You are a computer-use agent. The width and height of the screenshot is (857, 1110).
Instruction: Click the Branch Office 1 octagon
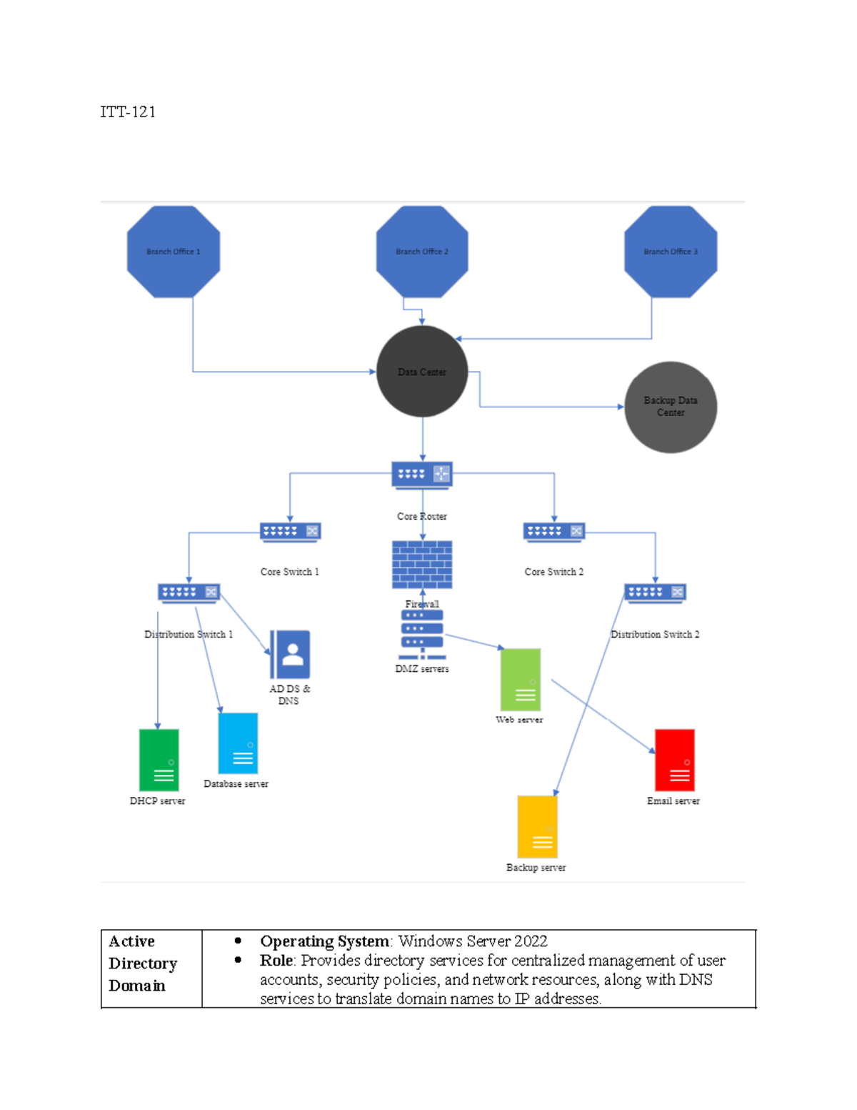pyautogui.click(x=174, y=252)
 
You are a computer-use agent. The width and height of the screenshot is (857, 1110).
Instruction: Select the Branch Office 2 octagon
pyautogui.click(x=422, y=252)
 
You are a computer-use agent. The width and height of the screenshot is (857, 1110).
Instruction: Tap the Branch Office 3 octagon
pyautogui.click(x=671, y=252)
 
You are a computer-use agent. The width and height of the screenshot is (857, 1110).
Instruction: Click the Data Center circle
pyautogui.click(x=422, y=372)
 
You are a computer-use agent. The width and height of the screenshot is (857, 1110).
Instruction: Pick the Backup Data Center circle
pyautogui.click(x=671, y=407)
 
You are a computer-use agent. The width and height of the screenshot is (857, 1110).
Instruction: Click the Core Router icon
pyautogui.click(x=422, y=474)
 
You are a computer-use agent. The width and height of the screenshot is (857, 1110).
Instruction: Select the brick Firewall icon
pyautogui.click(x=422, y=565)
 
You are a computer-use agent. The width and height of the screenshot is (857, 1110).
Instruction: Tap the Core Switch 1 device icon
pyautogui.click(x=290, y=531)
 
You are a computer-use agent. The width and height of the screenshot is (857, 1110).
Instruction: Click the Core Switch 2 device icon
pyautogui.click(x=554, y=531)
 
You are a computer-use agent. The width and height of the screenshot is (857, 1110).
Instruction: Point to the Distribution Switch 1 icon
pyautogui.click(x=189, y=593)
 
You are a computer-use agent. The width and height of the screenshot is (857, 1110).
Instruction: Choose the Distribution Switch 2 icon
pyautogui.click(x=655, y=593)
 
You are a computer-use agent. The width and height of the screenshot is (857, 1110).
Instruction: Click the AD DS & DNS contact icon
pyautogui.click(x=290, y=654)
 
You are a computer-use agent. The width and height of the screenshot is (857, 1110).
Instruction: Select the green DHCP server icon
pyautogui.click(x=159, y=760)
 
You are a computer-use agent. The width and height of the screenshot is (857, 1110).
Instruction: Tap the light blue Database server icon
pyautogui.click(x=238, y=743)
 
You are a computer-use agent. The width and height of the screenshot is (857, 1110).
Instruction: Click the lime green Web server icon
pyautogui.click(x=521, y=679)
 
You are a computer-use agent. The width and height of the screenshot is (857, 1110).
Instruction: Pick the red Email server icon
pyautogui.click(x=675, y=760)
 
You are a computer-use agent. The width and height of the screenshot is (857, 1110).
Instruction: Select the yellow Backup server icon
pyautogui.click(x=537, y=826)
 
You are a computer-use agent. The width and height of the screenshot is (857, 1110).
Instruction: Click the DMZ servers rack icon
pyautogui.click(x=422, y=635)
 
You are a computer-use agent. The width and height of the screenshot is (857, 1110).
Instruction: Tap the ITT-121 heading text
pyautogui.click(x=128, y=112)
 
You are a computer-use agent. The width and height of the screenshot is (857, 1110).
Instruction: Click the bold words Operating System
pyautogui.click(x=324, y=941)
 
